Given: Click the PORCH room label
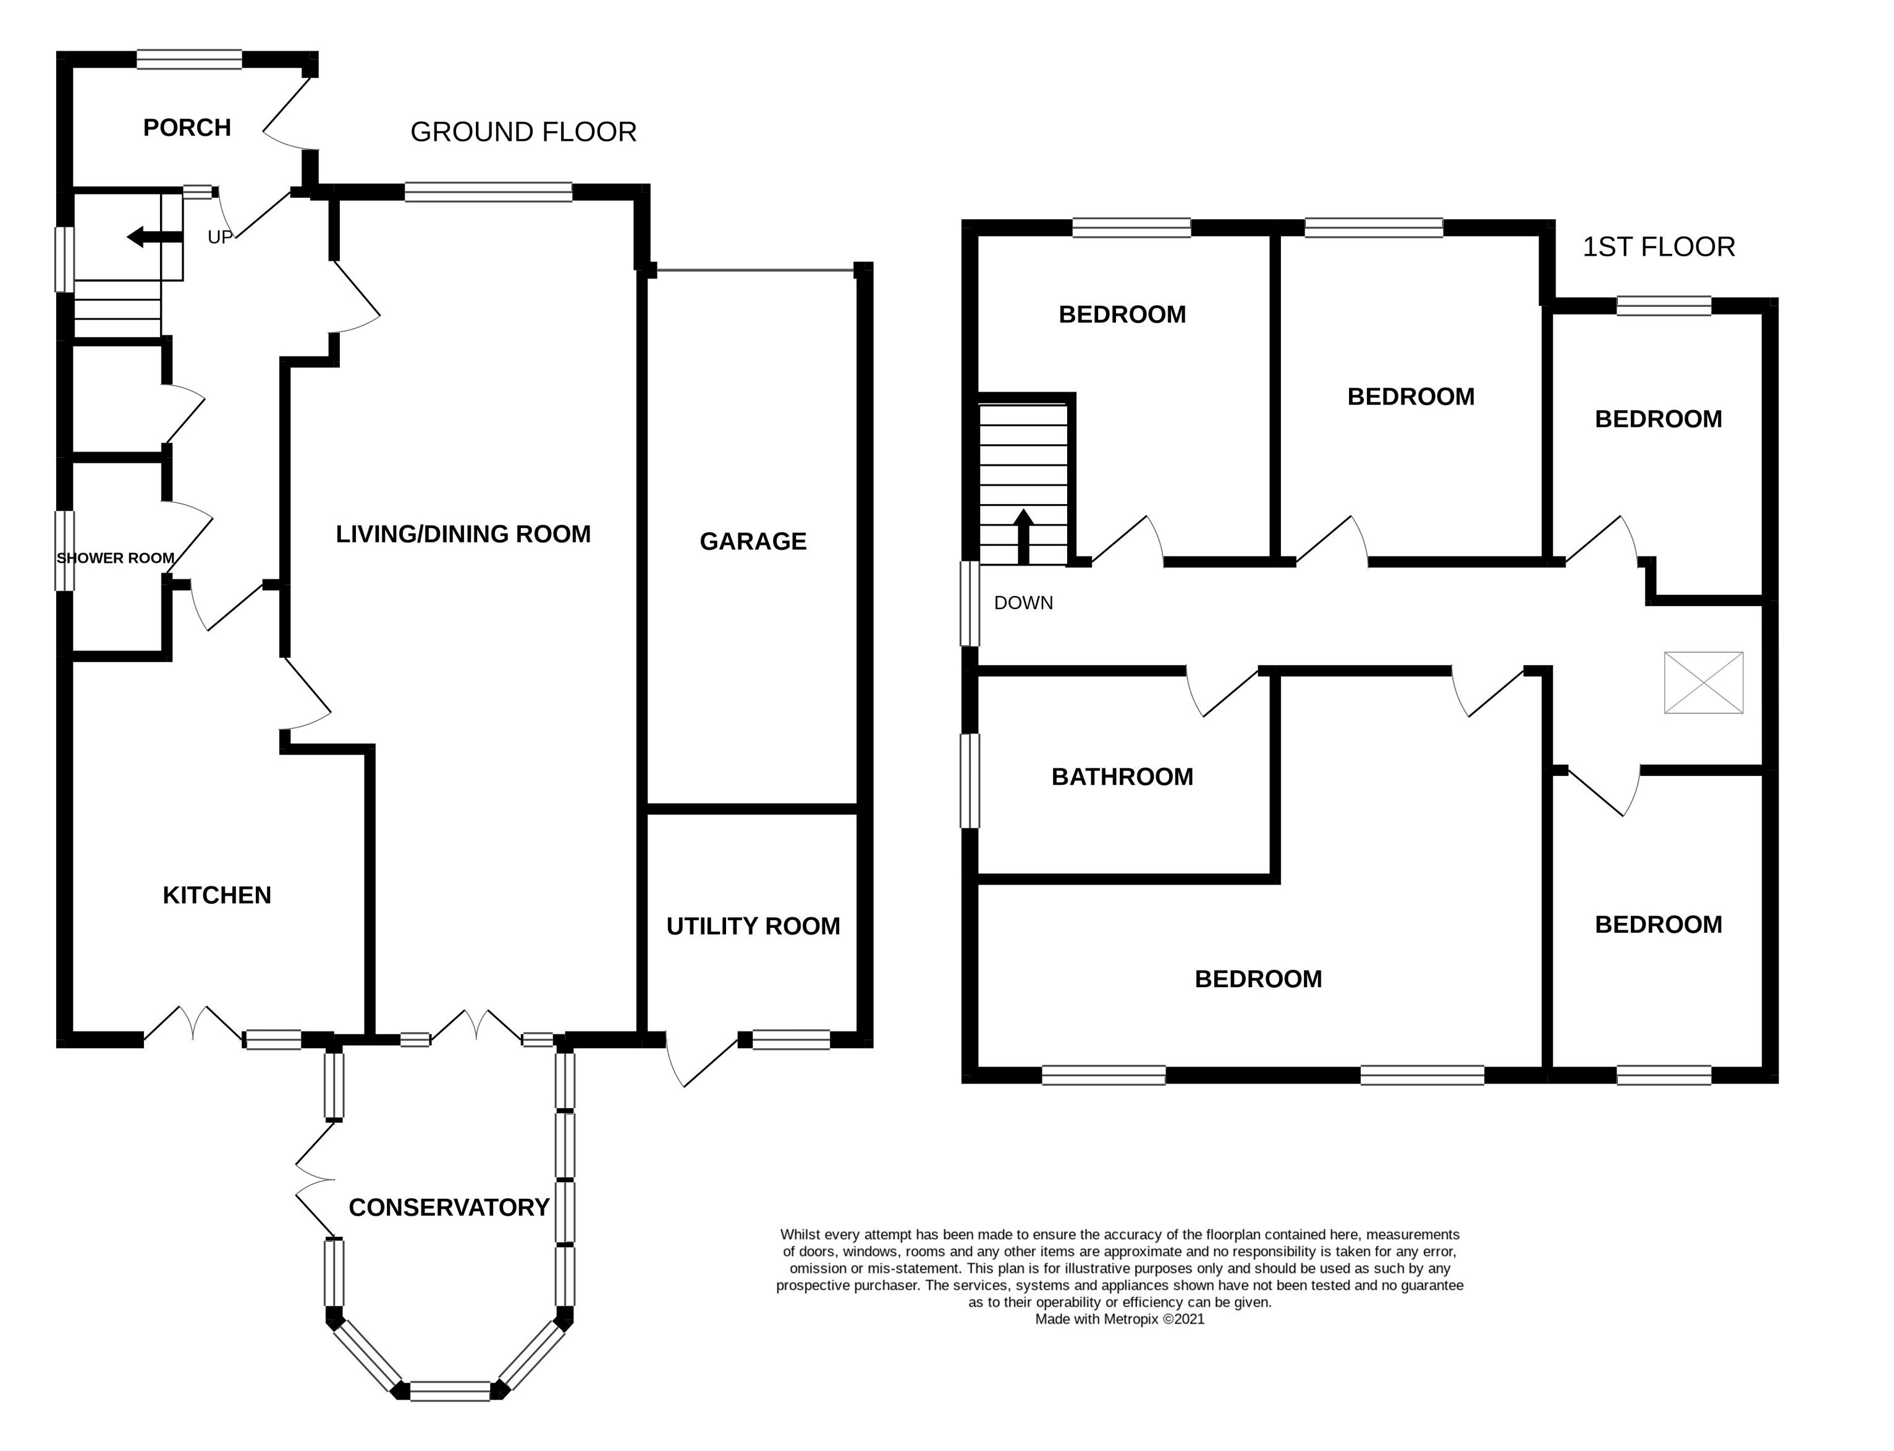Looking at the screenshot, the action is tap(187, 128).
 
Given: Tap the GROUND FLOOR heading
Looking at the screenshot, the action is tap(523, 132).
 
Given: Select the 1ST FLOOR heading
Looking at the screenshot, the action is tap(1658, 247).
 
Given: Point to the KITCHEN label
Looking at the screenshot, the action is tap(217, 896).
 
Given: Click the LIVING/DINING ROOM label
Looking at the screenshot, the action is tap(463, 534).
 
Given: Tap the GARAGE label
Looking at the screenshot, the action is tap(753, 542).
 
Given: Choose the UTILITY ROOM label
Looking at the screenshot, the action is tap(753, 927).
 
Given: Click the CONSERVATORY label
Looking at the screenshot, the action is tap(449, 1208).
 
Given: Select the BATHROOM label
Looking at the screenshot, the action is tap(1122, 777).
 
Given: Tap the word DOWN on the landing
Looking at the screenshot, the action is tap(1023, 603).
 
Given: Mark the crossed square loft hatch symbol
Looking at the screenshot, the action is tap(1703, 683).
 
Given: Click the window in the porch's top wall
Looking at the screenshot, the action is tap(189, 59).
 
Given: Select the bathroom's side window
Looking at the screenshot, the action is tap(970, 781).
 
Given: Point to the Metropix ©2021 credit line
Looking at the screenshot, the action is tap(1119, 1319).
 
